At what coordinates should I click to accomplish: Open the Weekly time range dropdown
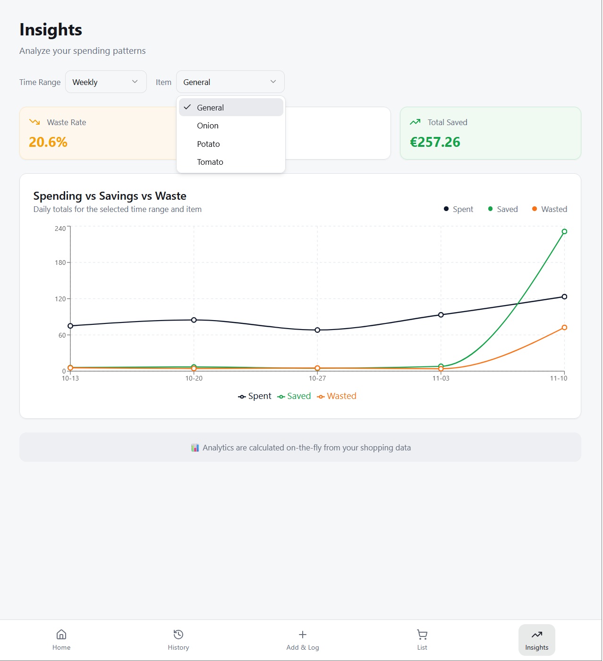point(106,82)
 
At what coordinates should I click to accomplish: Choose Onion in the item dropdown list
point(208,126)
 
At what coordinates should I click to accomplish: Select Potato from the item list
point(208,144)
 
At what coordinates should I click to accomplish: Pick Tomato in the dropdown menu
point(210,162)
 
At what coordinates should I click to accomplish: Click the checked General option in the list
point(211,108)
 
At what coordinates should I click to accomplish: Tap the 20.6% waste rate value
point(48,142)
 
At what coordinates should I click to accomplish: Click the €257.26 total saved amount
point(435,142)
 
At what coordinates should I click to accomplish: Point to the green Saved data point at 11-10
point(564,231)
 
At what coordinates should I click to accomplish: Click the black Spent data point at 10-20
point(194,320)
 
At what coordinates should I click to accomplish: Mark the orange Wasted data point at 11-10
point(564,328)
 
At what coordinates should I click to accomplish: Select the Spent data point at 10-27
point(317,330)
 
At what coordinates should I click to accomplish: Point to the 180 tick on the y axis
point(60,263)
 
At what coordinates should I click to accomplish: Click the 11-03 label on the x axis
point(441,378)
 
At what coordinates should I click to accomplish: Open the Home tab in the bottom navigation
point(61,640)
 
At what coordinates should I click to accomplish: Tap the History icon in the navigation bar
point(178,634)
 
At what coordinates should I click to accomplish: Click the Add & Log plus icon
point(303,634)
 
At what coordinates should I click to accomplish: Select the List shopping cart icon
point(422,634)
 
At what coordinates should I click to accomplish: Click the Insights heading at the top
point(51,30)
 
